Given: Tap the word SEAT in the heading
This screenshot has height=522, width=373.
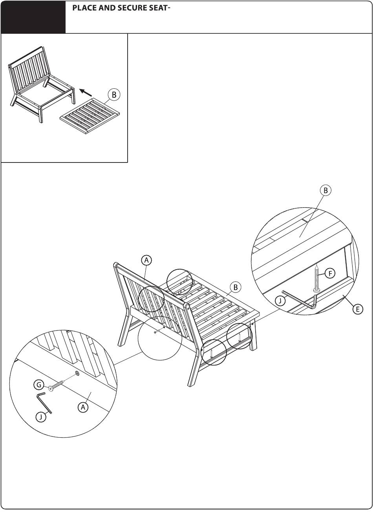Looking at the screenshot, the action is [x=158, y=8].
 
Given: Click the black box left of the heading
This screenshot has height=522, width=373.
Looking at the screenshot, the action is [x=33, y=17].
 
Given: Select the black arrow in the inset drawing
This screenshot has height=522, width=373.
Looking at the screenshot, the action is [x=85, y=92].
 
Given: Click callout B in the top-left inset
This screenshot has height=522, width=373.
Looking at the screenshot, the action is [x=114, y=95].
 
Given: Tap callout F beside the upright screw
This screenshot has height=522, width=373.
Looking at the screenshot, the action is [x=330, y=274].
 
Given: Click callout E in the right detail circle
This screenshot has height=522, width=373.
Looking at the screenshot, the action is [x=358, y=309].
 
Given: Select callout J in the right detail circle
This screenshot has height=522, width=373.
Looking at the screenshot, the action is [x=280, y=301].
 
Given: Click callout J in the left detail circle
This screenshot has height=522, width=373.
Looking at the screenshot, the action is [x=41, y=417].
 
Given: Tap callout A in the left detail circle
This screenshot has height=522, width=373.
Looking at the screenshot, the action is [x=83, y=407].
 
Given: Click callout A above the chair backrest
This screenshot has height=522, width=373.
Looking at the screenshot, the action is [x=146, y=260].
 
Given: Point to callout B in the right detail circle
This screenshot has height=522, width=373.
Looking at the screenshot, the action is [x=325, y=190].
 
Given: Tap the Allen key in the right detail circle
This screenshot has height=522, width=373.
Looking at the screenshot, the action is [x=301, y=301].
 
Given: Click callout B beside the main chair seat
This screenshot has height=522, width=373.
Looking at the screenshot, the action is [x=236, y=287].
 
